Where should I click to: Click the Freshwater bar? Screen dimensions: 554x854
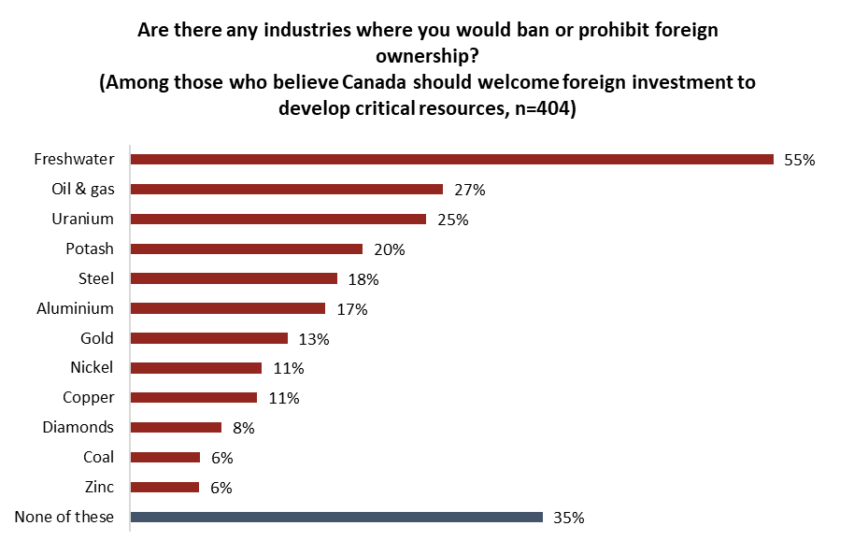pos(452,159)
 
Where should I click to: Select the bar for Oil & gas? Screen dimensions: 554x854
pos(286,189)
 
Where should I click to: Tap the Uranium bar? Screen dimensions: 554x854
pos(278,219)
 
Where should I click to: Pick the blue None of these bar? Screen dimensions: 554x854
pos(336,517)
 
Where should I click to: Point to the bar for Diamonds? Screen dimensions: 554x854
pos(176,427)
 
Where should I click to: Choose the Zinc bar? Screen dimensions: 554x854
pos(164,487)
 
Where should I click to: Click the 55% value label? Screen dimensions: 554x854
pos(800,160)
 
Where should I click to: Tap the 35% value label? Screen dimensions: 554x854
pos(569,518)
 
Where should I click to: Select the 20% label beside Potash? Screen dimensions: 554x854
pos(389,249)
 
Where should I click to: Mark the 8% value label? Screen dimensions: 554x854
pos(243,428)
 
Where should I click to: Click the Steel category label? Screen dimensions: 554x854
pos(96,278)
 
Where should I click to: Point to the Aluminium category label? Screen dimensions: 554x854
pos(75,308)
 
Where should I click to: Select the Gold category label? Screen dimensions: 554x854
pos(97,338)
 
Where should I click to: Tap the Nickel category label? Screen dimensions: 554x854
pos(92,368)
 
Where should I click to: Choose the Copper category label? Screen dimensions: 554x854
pos(88,398)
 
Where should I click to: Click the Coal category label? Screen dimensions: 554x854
pos(98,458)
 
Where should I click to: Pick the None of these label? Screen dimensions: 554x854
pos(64,517)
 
